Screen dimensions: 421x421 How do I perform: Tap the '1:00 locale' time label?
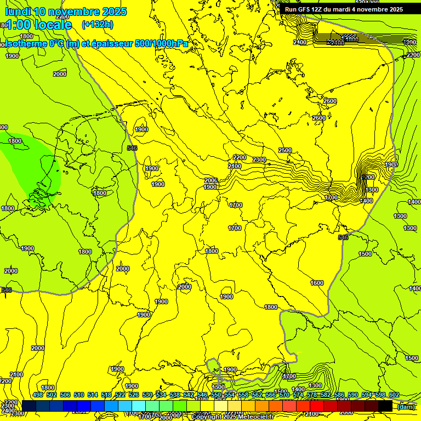[38, 25]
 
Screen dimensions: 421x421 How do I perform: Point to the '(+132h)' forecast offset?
[98, 24]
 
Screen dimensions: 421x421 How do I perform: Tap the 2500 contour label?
[285, 150]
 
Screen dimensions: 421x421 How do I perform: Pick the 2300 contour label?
[259, 160]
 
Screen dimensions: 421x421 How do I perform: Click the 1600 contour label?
[316, 283]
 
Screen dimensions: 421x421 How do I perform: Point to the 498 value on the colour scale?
[38, 395]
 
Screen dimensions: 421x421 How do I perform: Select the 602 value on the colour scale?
[394, 395]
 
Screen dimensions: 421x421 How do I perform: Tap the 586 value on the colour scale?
[339, 395]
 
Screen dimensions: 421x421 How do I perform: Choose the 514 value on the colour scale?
[93, 395]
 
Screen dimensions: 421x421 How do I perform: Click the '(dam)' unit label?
[406, 406]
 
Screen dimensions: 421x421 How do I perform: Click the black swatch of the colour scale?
[385, 406]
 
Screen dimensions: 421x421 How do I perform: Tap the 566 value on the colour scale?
[270, 395]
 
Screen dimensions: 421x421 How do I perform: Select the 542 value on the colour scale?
[188, 395]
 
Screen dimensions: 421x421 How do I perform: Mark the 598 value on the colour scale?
[380, 395]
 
